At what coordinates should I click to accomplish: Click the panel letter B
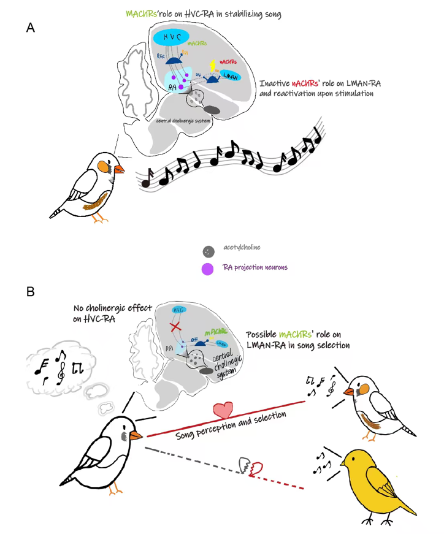[31, 292]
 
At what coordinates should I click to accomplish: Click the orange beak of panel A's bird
[118, 169]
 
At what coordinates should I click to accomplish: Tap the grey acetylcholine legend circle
[209, 251]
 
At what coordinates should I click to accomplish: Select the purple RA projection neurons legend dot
[208, 268]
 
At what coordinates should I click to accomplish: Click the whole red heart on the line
[223, 409]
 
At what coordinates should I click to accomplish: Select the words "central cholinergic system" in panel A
[184, 121]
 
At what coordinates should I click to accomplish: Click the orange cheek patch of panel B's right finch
[364, 387]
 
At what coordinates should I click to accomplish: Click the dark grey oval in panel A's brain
[212, 110]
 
